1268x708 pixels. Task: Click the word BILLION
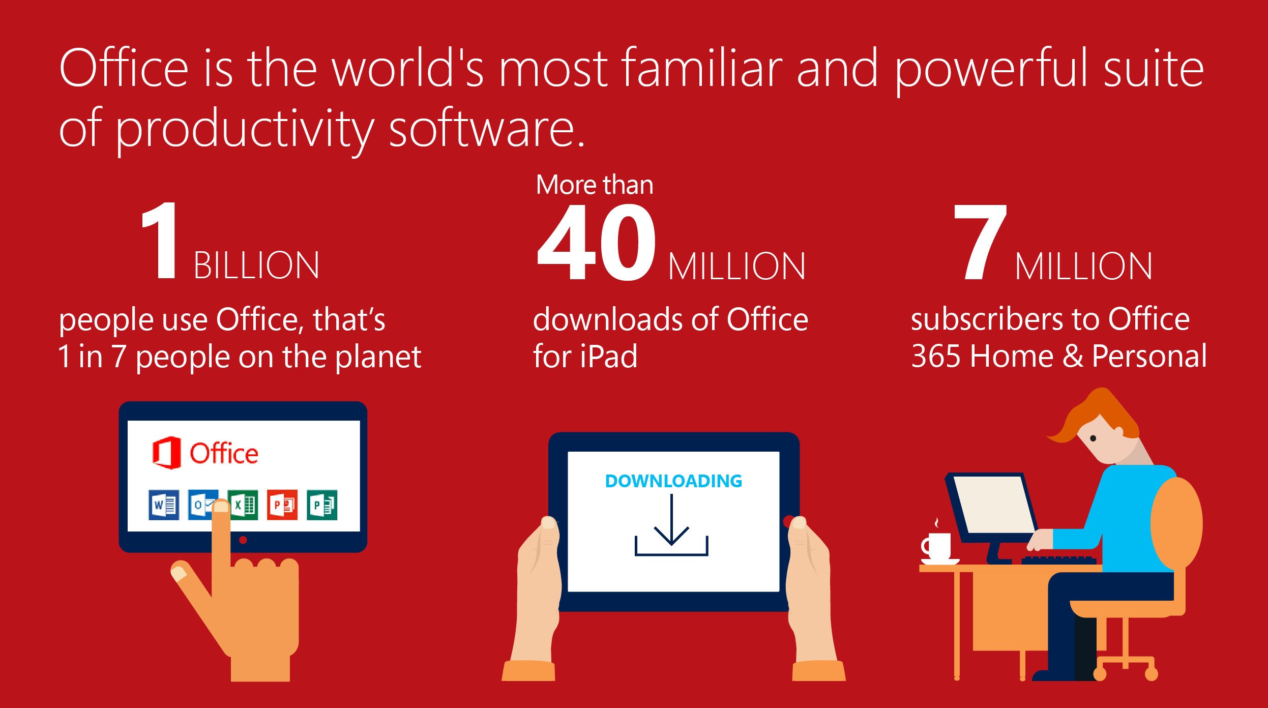(256, 265)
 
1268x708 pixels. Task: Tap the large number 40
(596, 242)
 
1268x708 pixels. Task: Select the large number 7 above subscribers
(980, 242)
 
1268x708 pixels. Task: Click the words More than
(595, 185)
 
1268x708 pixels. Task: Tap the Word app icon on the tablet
(164, 505)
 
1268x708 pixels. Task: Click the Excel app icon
(243, 505)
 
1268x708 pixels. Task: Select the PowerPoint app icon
(282, 505)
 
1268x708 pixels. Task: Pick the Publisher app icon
(322, 505)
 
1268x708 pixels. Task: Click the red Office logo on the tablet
(166, 452)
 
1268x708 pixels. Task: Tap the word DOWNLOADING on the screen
(673, 481)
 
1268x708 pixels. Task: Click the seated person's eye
(1093, 438)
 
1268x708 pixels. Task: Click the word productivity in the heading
(246, 130)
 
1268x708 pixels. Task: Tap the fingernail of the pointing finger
(221, 507)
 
